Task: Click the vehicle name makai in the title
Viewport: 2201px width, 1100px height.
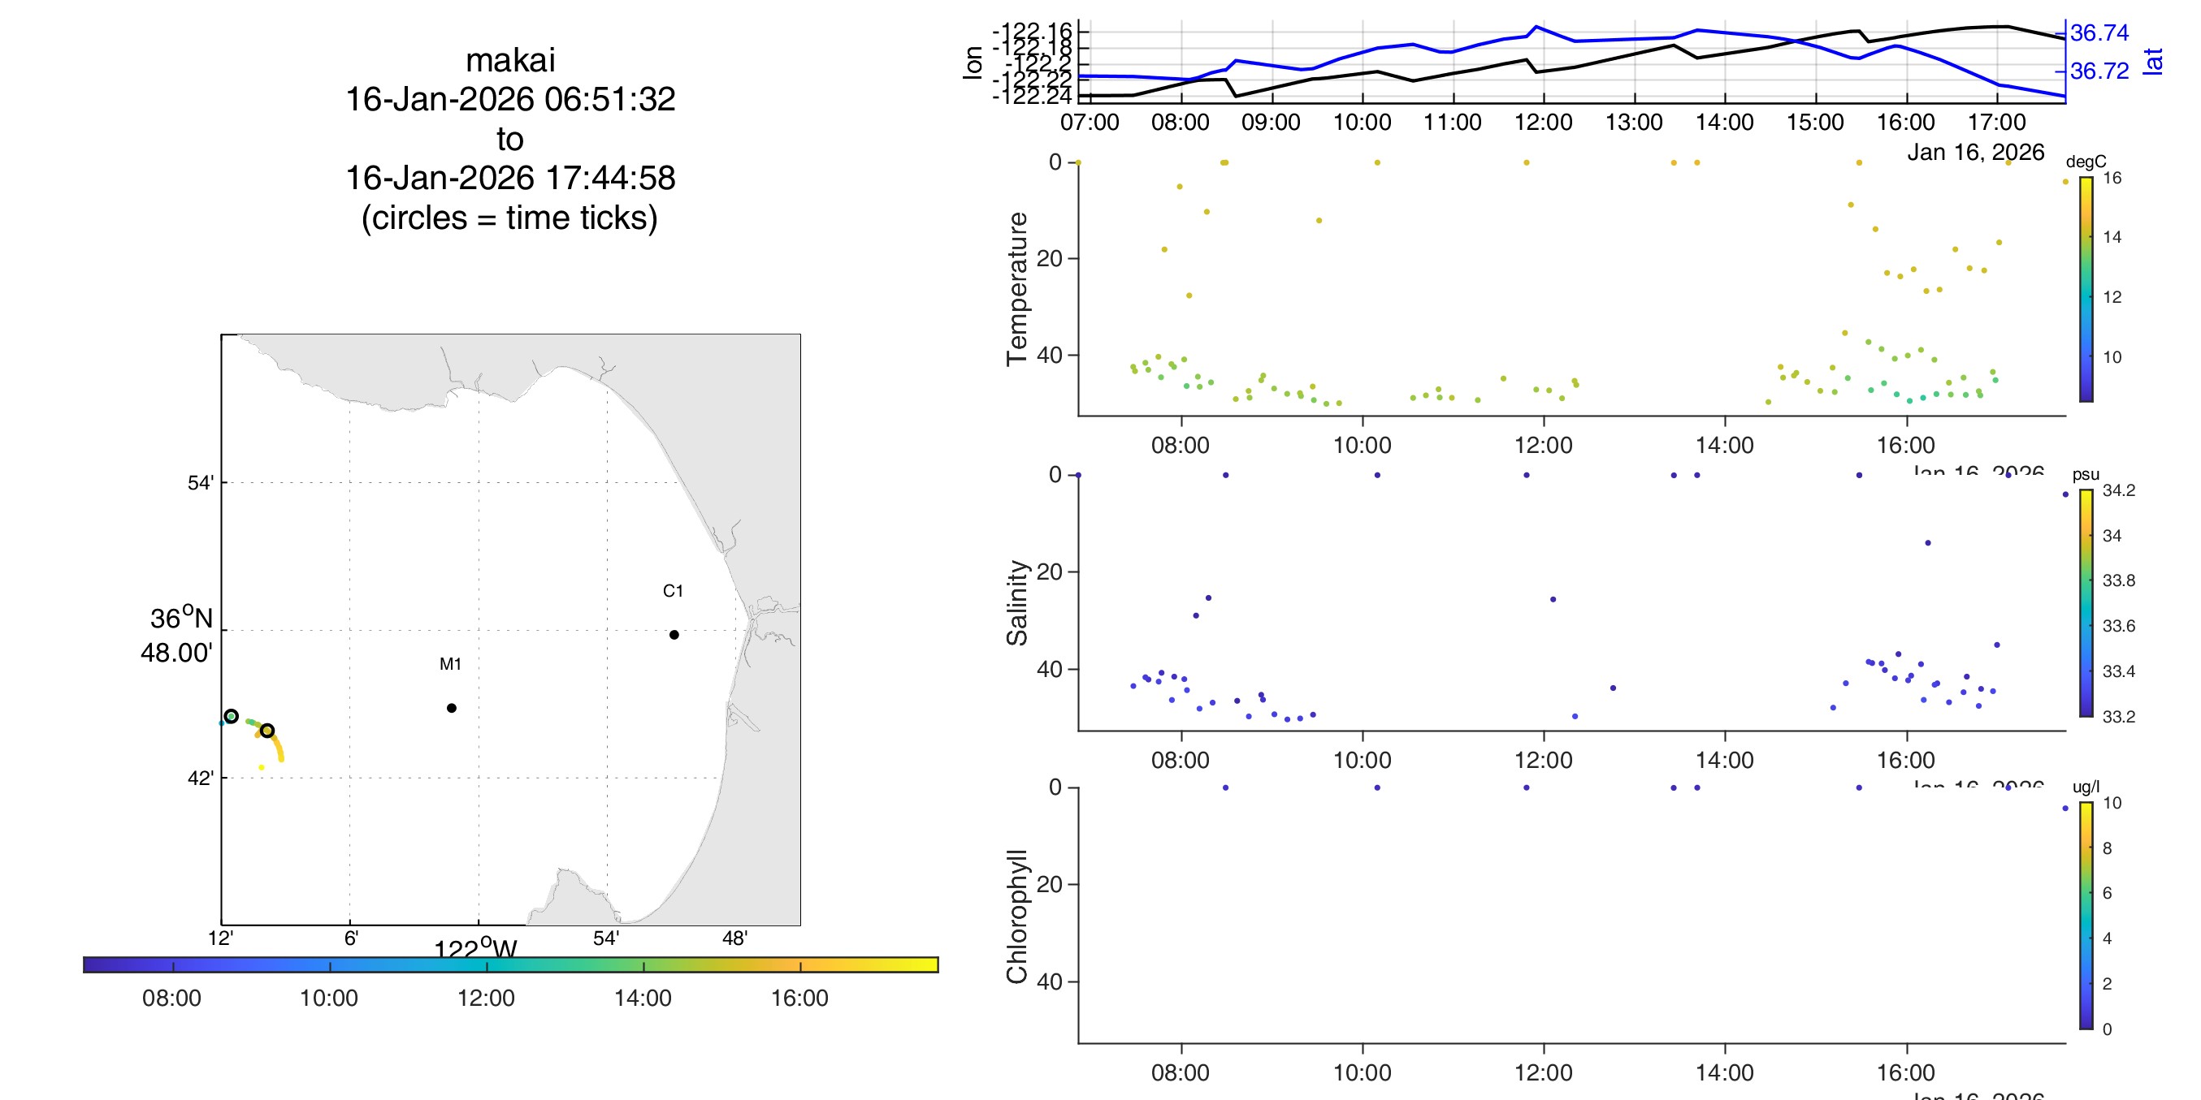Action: pyautogui.click(x=510, y=61)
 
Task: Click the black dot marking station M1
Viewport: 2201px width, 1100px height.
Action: pyautogui.click(x=451, y=708)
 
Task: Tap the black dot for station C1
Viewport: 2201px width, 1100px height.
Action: pyautogui.click(x=674, y=635)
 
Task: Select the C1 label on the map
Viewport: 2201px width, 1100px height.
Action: pyautogui.click(x=673, y=591)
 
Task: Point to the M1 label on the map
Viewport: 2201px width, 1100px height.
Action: pyautogui.click(x=450, y=663)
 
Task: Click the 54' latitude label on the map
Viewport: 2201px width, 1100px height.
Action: pyautogui.click(x=200, y=483)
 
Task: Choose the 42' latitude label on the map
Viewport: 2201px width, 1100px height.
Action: pyautogui.click(x=200, y=778)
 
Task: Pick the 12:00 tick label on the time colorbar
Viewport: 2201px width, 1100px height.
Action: pyautogui.click(x=485, y=999)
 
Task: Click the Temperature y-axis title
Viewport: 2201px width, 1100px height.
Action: pyautogui.click(x=1016, y=289)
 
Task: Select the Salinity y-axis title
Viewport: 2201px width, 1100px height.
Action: pyautogui.click(x=1016, y=602)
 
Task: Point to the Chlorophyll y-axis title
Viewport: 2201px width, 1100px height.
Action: pyautogui.click(x=1016, y=916)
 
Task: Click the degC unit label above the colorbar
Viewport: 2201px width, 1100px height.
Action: pyautogui.click(x=2086, y=162)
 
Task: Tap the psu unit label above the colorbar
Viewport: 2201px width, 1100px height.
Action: pyautogui.click(x=2085, y=475)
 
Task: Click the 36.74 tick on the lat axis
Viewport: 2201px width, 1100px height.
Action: pyautogui.click(x=2099, y=33)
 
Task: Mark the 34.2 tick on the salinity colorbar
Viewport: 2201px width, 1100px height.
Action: pyautogui.click(x=2118, y=490)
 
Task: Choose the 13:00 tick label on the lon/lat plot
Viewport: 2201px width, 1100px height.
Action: pyautogui.click(x=1634, y=122)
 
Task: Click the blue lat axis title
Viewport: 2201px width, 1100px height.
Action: pyautogui.click(x=2153, y=62)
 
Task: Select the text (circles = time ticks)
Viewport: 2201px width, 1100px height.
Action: pyautogui.click(x=509, y=218)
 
